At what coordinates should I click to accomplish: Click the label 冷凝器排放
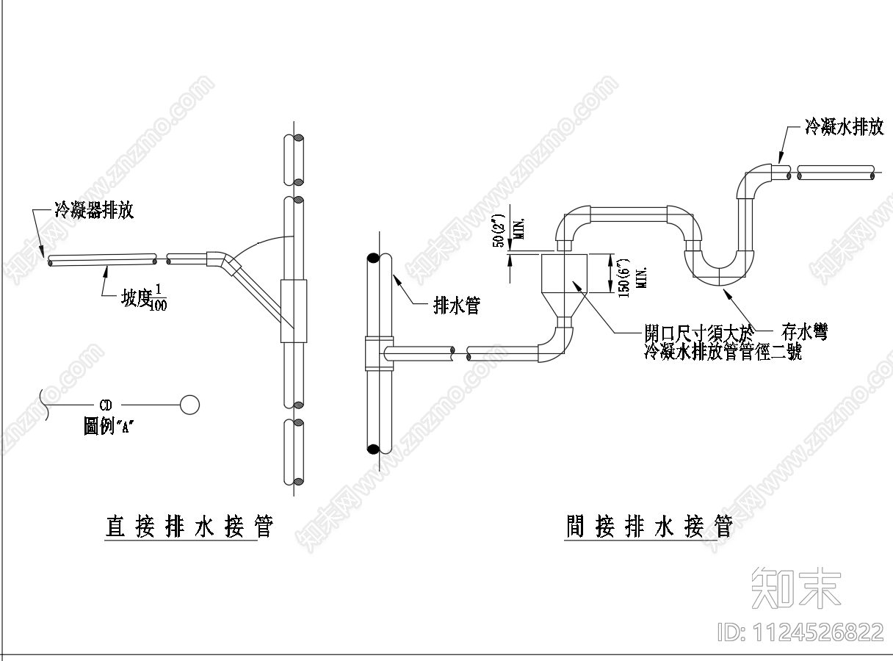94,211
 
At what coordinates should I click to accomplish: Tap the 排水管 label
456,306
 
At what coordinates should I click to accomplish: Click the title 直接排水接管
189,527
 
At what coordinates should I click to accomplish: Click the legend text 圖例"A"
110,426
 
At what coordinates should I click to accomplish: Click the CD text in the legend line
106,405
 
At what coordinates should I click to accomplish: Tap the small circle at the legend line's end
189,405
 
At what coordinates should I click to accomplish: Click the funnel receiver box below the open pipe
565,274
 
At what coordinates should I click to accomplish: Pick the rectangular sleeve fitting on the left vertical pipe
294,310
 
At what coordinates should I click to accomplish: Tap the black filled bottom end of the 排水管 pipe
374,449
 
